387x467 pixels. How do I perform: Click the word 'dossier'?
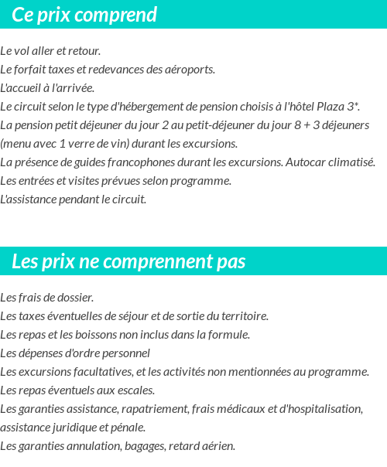point(76,298)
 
